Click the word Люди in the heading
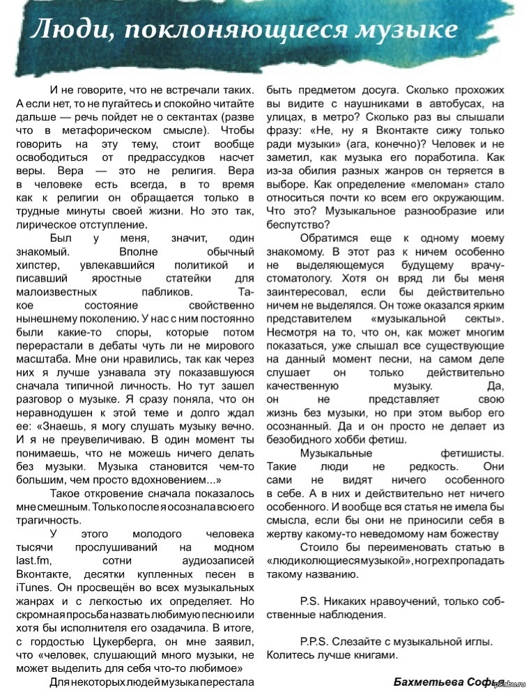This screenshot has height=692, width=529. pyautogui.click(x=56, y=30)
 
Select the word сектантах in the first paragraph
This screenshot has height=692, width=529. pyautogui.click(x=203, y=116)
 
